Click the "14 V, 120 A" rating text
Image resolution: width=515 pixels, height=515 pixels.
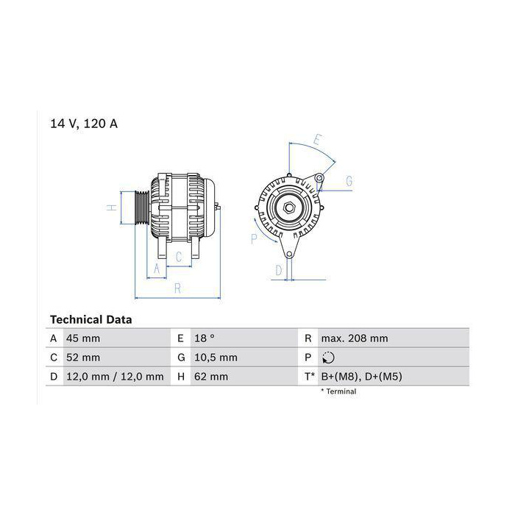(x=84, y=124)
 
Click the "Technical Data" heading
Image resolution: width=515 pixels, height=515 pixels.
(x=91, y=319)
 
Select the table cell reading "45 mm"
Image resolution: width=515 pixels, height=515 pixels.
(x=83, y=338)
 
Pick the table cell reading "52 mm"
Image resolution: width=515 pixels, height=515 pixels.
(x=83, y=358)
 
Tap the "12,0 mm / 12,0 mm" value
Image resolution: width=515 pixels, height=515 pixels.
(x=115, y=377)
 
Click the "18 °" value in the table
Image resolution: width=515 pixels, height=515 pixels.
(x=204, y=338)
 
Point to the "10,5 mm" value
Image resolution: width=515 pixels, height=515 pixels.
(x=216, y=358)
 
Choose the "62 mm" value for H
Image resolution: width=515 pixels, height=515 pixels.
(x=211, y=377)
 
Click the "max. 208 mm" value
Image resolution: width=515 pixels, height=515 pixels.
(x=355, y=338)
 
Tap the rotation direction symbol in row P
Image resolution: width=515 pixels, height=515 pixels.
(x=328, y=358)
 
